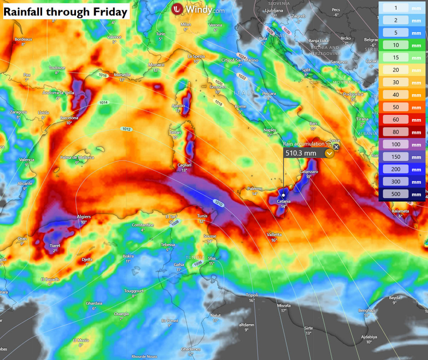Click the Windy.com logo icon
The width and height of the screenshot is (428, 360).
pos(177,9)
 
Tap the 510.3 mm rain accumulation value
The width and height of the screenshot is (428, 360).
pos(301,153)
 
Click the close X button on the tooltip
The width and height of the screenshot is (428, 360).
pos(336,147)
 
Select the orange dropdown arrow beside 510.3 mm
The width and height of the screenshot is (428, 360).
pos(329,153)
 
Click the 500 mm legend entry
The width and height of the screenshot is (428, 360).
pos(396,194)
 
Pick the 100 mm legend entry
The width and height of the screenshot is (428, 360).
pos(396,145)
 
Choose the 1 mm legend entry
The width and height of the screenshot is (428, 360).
pos(396,8)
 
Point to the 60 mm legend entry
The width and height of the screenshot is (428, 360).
pos(396,120)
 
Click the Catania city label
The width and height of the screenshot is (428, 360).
pos(284,202)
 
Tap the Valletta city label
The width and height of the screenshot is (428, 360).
pos(274,235)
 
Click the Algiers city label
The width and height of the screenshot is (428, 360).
pos(84,217)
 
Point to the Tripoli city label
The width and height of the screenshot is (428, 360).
pos(252,295)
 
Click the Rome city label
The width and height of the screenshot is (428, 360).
pos(240,107)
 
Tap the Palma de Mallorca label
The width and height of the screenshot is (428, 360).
pos(77,158)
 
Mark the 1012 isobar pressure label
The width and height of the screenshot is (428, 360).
pos(126,129)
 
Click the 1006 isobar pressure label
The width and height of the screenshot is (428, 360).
pos(198,264)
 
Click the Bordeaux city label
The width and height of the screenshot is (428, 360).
pos(23,39)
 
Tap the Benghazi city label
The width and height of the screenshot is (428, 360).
pos(366,310)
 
